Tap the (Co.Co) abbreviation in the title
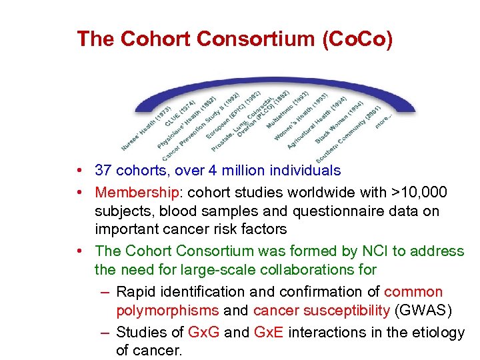pyautogui.click(x=357, y=39)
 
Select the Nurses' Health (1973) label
pyautogui.click(x=145, y=129)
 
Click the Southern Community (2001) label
pyautogui.click(x=348, y=134)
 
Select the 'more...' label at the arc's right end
pyautogui.click(x=384, y=121)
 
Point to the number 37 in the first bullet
pyautogui.click(x=103, y=171)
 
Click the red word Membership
pyautogui.click(x=136, y=193)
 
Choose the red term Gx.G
pyautogui.click(x=203, y=332)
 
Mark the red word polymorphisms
pyautogui.click(x=167, y=311)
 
